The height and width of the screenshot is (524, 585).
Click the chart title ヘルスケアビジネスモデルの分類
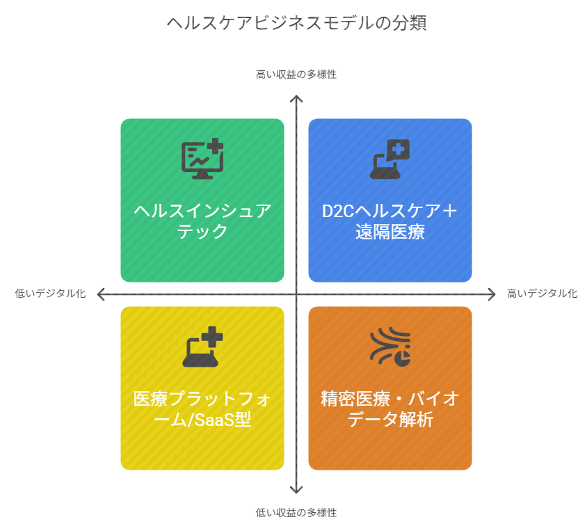point(296,23)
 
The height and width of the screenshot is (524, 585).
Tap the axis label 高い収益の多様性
point(296,74)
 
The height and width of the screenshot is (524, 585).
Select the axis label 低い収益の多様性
point(296,512)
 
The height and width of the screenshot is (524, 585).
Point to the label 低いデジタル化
point(50,294)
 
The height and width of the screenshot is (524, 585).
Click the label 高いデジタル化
point(542,294)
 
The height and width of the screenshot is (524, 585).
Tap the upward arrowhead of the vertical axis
point(296,99)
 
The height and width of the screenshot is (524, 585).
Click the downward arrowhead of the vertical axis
point(296,490)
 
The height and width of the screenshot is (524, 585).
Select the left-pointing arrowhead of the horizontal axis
point(100,294)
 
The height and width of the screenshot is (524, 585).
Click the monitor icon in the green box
point(202,159)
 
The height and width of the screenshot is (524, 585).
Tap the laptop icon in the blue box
point(390,159)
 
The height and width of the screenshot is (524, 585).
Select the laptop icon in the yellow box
point(202,347)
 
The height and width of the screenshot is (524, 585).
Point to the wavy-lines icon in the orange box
point(390,347)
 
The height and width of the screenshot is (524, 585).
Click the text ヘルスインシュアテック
point(202,221)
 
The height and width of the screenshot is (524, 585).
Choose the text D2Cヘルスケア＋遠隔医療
point(390,221)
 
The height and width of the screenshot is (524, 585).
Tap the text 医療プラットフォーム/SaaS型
point(202,409)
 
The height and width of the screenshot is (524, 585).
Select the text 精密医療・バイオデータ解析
point(390,409)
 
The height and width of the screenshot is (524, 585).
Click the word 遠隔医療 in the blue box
point(390,232)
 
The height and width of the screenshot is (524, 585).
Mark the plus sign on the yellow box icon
point(212,337)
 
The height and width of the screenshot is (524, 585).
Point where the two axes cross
point(296,294)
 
